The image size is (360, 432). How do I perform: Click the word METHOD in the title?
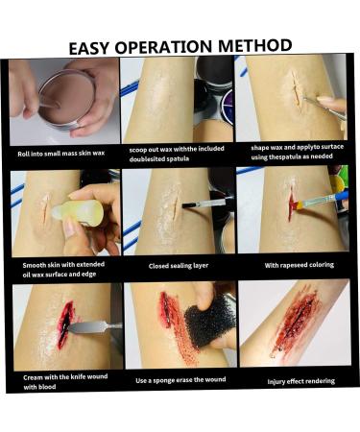[254, 46]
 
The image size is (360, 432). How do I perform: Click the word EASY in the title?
[89, 48]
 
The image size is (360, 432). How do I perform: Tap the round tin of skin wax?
[67, 100]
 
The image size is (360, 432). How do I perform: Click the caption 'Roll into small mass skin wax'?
[61, 154]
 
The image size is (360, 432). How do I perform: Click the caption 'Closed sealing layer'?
[179, 266]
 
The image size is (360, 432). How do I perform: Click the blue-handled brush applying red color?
[321, 201]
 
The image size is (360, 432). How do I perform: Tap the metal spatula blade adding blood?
[95, 327]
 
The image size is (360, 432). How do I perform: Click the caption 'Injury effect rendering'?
[301, 381]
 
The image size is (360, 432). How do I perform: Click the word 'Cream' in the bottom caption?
[33, 377]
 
